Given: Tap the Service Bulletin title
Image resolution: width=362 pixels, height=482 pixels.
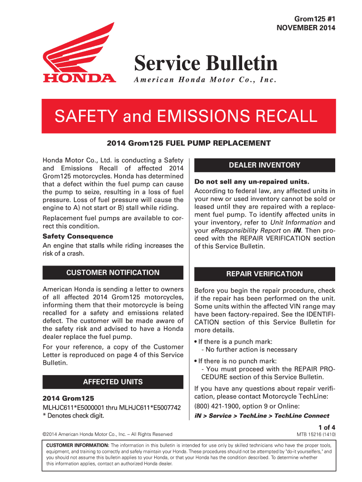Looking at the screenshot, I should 205,63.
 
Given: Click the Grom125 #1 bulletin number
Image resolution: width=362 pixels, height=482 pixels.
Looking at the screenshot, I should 315,18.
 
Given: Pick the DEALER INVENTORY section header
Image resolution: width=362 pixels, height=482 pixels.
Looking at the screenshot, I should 264,165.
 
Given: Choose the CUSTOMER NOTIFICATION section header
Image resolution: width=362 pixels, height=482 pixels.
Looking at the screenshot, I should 113,273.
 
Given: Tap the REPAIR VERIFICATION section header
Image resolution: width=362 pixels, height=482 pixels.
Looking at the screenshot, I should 264,274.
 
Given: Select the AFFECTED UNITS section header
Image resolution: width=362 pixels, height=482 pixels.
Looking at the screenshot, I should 113,382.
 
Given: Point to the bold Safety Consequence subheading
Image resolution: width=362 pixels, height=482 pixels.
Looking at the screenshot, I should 78,236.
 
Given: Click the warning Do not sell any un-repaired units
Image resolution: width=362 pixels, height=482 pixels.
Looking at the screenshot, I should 252,182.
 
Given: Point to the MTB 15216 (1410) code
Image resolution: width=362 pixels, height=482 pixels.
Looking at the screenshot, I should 315,434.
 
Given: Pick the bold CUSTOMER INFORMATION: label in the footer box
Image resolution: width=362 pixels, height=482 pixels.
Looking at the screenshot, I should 77,445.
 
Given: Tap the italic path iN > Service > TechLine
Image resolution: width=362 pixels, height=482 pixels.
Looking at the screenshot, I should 261,416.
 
